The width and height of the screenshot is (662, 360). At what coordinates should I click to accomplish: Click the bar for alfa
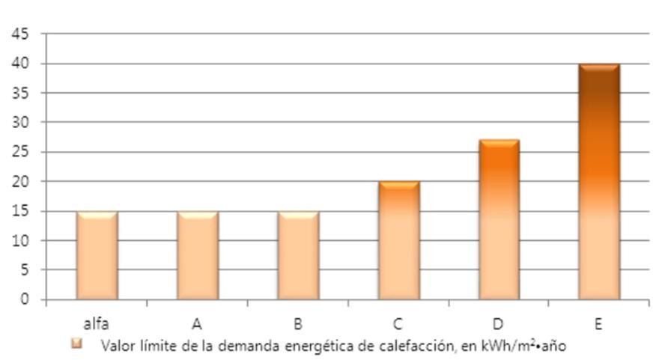(x=97, y=255)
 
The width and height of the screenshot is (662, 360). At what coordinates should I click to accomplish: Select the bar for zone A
(x=198, y=255)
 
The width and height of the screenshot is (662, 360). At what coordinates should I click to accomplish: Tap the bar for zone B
(x=298, y=255)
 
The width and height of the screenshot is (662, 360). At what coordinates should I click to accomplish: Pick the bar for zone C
(x=398, y=240)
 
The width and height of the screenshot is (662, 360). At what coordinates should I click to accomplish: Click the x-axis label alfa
(x=96, y=324)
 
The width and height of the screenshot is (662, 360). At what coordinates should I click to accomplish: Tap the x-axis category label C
(x=398, y=324)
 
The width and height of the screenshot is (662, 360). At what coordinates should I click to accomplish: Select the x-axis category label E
(x=598, y=324)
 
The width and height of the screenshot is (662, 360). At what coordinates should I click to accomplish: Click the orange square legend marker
(x=76, y=344)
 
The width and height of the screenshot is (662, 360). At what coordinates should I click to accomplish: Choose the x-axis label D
(x=498, y=324)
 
